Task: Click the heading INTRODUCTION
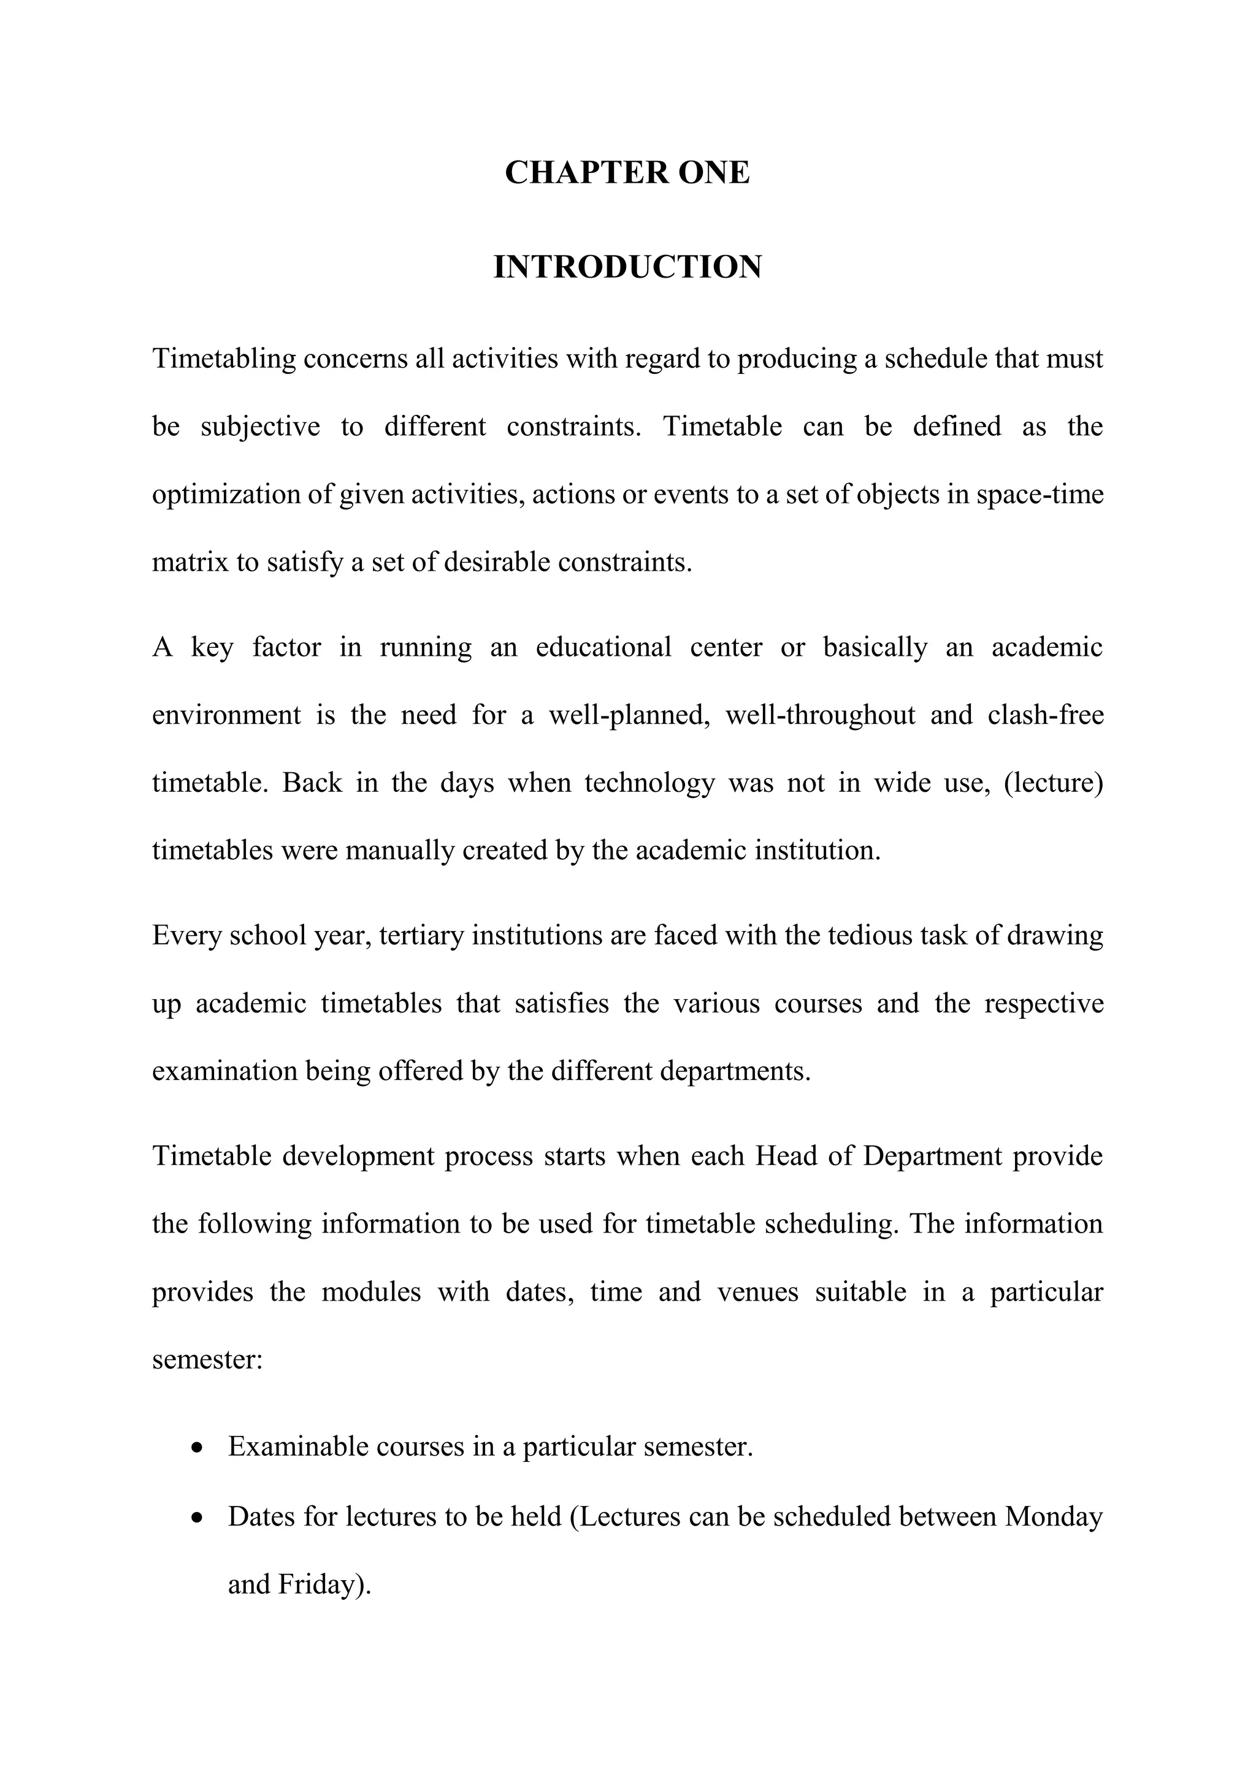(627, 267)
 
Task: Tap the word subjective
(260, 427)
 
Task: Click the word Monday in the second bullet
(1054, 1517)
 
